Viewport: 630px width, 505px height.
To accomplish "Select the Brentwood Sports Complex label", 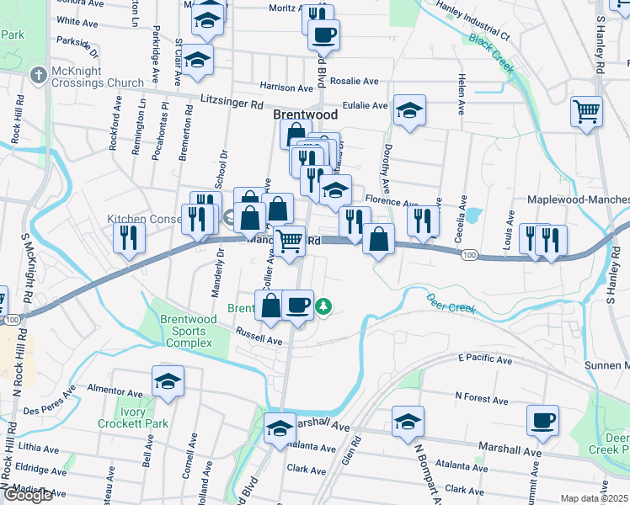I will tap(194, 332).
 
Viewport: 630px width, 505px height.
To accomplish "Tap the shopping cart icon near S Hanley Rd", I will tap(586, 110).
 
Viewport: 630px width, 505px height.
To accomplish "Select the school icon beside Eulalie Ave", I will tap(409, 110).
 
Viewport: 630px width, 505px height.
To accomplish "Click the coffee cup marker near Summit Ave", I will tap(542, 419).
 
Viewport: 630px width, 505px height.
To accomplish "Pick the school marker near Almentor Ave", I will tap(168, 381).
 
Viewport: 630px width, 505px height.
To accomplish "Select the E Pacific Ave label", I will tap(485, 359).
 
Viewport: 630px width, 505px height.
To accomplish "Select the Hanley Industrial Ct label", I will tap(476, 25).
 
